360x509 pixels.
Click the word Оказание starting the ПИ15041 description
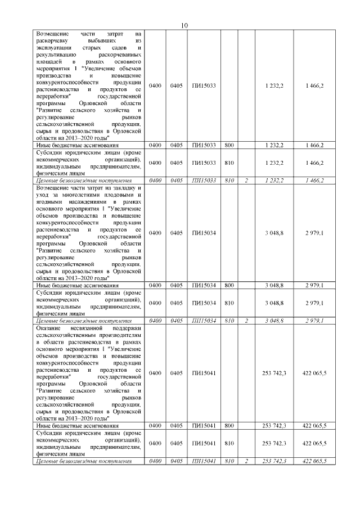pyautogui.click(x=48, y=327)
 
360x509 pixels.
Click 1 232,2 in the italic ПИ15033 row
pyautogui.click(x=274, y=181)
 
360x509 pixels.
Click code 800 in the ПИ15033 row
pyautogui.click(x=229, y=145)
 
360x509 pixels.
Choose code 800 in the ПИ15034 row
pyautogui.click(x=229, y=285)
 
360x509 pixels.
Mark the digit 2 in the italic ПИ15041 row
pyautogui.click(x=246, y=461)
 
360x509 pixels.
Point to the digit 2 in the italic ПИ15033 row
pyautogui.click(x=246, y=181)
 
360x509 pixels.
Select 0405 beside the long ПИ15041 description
pyautogui.click(x=177, y=373)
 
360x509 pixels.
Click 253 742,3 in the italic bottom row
pyautogui.click(x=274, y=461)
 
